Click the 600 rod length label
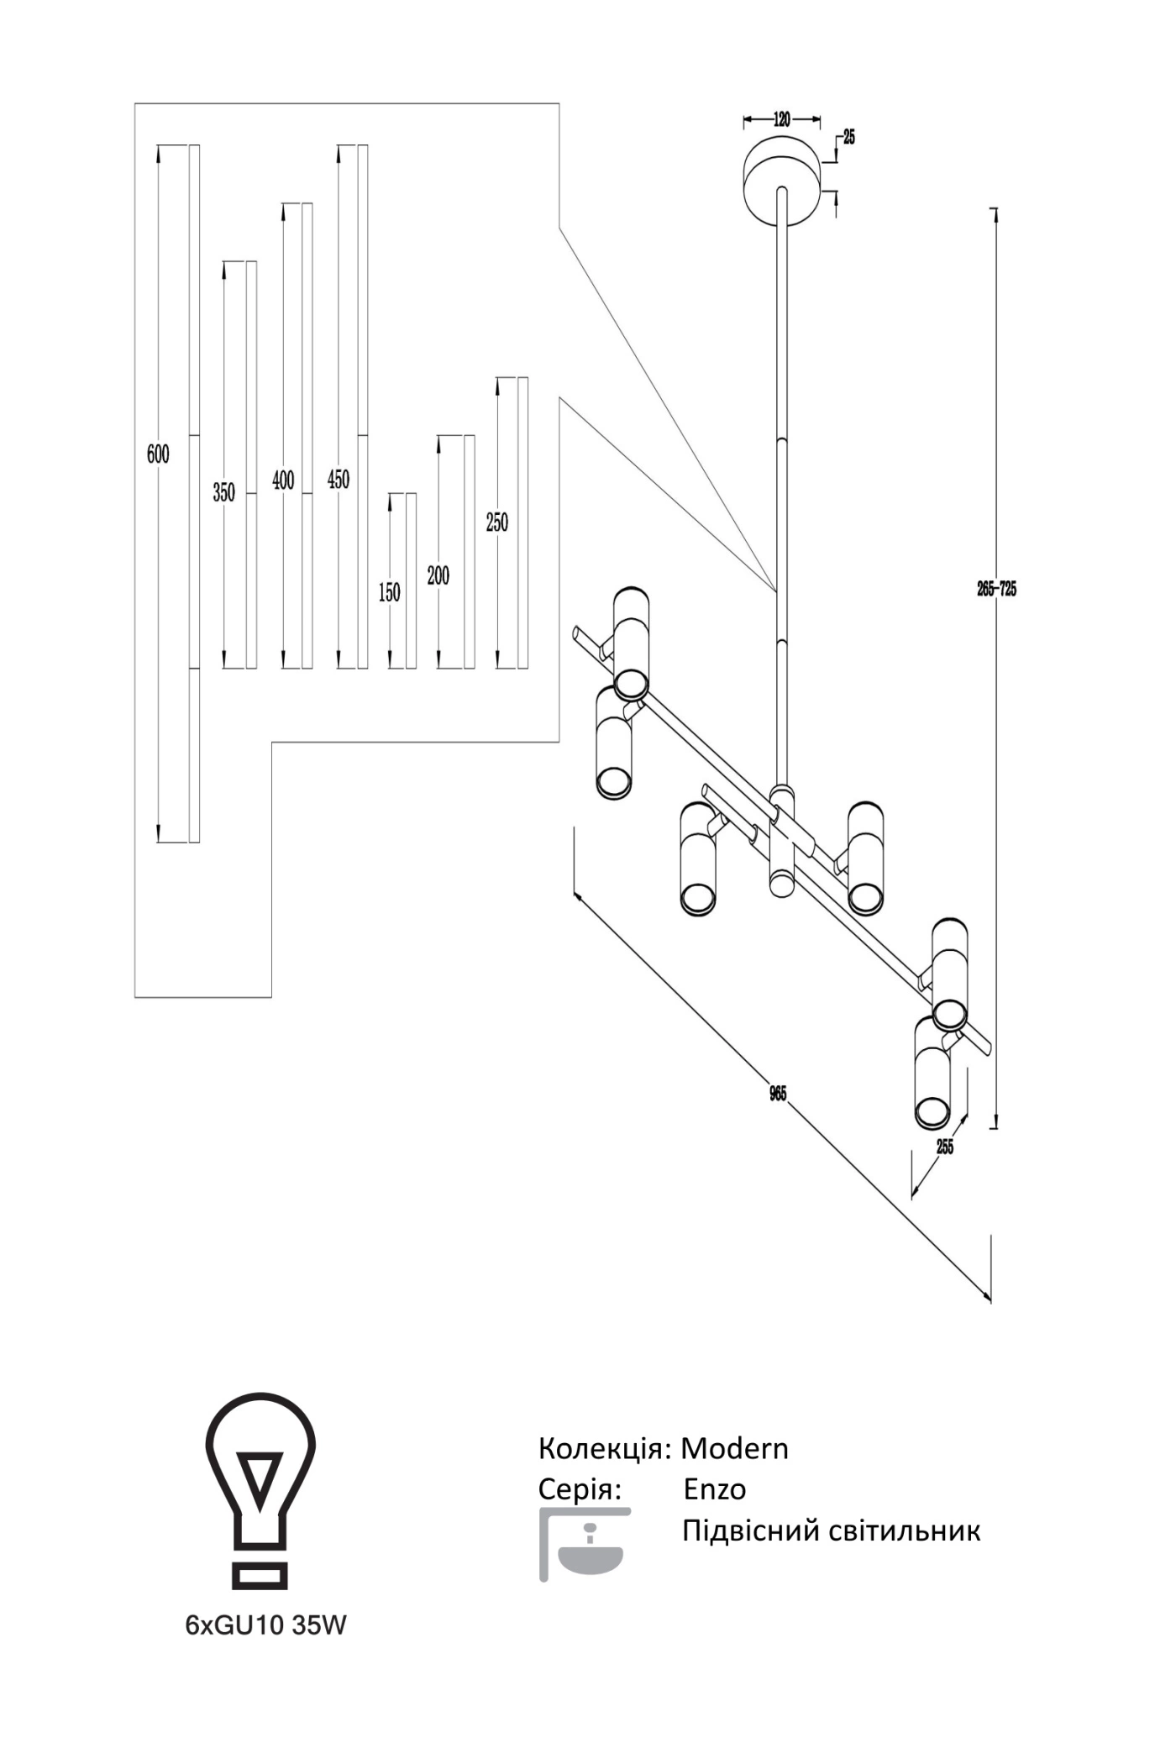click(158, 454)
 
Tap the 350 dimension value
click(223, 492)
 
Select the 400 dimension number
click(284, 480)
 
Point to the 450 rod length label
click(339, 480)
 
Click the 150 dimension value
click(390, 592)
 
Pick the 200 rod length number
click(438, 575)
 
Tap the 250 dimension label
click(497, 522)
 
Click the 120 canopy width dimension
click(782, 119)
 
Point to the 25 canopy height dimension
click(849, 138)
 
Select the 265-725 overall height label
click(997, 589)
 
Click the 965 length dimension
click(779, 1094)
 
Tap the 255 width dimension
click(945, 1147)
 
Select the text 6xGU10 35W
click(265, 1625)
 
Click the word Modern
click(734, 1448)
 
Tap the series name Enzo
click(715, 1489)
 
